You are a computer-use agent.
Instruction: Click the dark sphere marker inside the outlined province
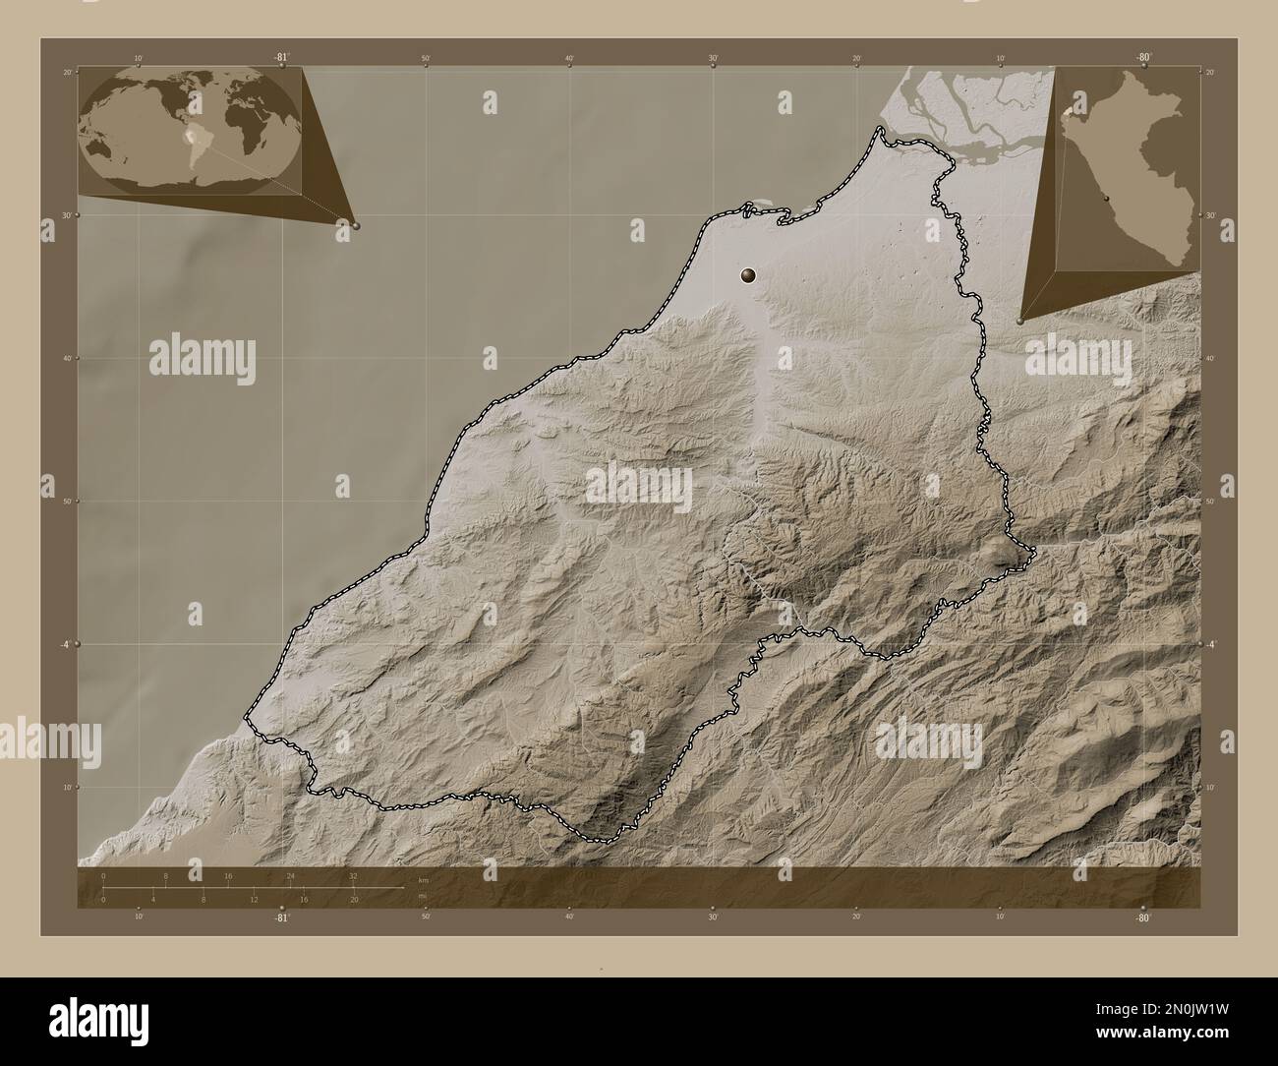(750, 276)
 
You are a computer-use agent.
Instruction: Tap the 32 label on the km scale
(353, 875)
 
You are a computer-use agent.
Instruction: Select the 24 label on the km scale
(290, 875)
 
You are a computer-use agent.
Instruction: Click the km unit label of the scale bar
(424, 879)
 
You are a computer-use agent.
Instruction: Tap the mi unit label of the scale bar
(423, 896)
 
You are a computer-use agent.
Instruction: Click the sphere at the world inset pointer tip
(355, 225)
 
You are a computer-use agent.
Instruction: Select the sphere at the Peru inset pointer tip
(1020, 321)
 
